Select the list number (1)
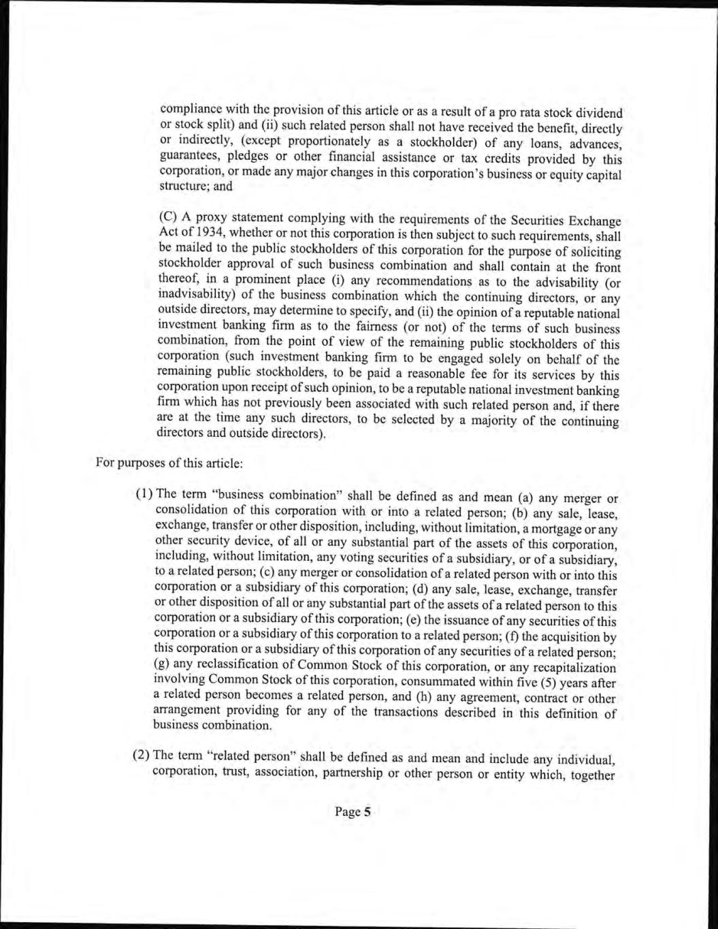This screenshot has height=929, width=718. tap(145, 494)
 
